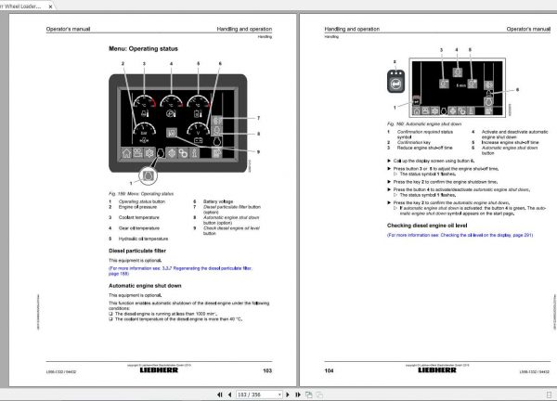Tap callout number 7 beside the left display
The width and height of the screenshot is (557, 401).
tap(258, 118)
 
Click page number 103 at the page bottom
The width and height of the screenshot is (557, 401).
tap(266, 369)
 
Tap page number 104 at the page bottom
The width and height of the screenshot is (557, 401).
tap(330, 369)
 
